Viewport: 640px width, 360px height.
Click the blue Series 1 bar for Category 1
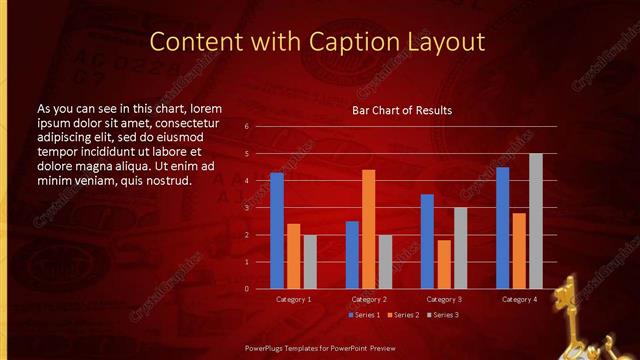(x=277, y=231)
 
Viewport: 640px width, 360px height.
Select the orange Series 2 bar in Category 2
(x=368, y=229)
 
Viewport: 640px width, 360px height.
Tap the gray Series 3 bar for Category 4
(x=536, y=221)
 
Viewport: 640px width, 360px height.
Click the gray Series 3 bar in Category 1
(x=310, y=262)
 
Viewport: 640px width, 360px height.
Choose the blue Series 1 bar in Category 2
(x=352, y=255)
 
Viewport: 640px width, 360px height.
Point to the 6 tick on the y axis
(x=246, y=127)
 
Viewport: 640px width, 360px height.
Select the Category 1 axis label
(x=293, y=299)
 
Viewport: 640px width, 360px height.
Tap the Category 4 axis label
(x=519, y=299)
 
